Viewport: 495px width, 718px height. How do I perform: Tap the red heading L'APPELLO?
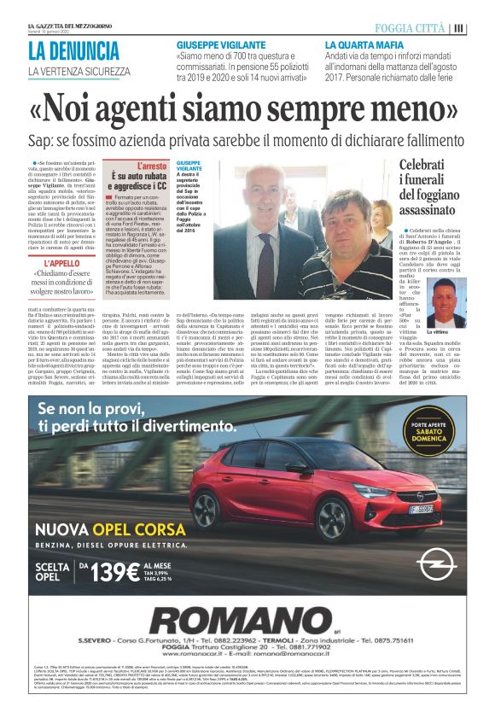click(61, 264)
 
